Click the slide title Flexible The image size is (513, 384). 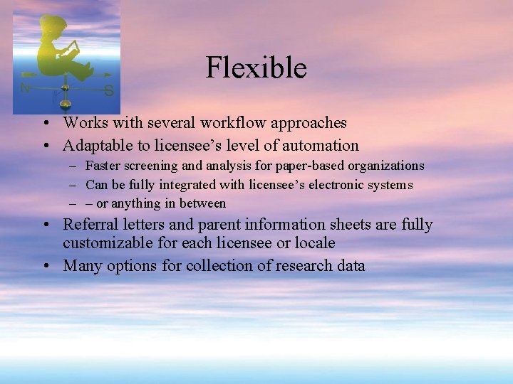pyautogui.click(x=256, y=68)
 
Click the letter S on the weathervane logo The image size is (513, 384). pyautogui.click(x=108, y=90)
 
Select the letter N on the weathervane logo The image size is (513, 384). pyautogui.click(x=25, y=87)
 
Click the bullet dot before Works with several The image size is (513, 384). pyautogui.click(x=45, y=124)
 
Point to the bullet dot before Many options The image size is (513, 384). pyautogui.click(x=45, y=267)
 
